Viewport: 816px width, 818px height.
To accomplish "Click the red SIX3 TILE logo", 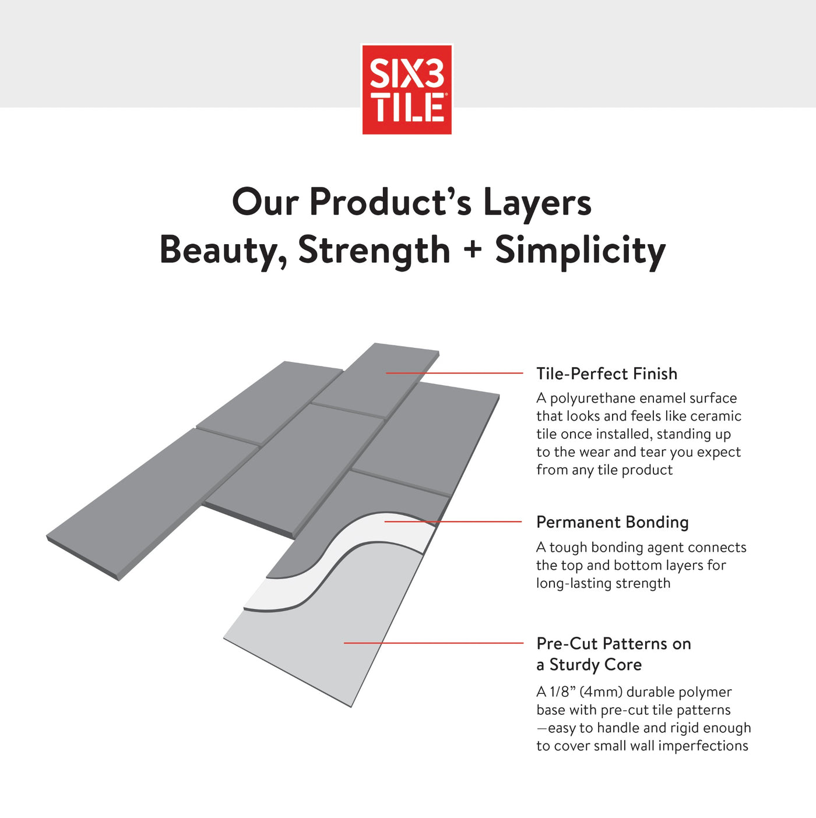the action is pos(407,89).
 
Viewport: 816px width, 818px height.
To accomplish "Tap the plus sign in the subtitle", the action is pos(473,249).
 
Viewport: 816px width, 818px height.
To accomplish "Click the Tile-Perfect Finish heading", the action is pos(607,373).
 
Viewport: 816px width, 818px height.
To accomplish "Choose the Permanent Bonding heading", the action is pos(612,522).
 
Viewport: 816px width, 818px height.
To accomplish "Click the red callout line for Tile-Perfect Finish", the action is pos(455,373).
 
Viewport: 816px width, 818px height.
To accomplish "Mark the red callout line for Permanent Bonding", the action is pos(453,521).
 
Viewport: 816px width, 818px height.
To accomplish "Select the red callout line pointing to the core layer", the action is pos(434,643).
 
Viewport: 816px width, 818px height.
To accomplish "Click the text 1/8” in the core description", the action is pos(562,692).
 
